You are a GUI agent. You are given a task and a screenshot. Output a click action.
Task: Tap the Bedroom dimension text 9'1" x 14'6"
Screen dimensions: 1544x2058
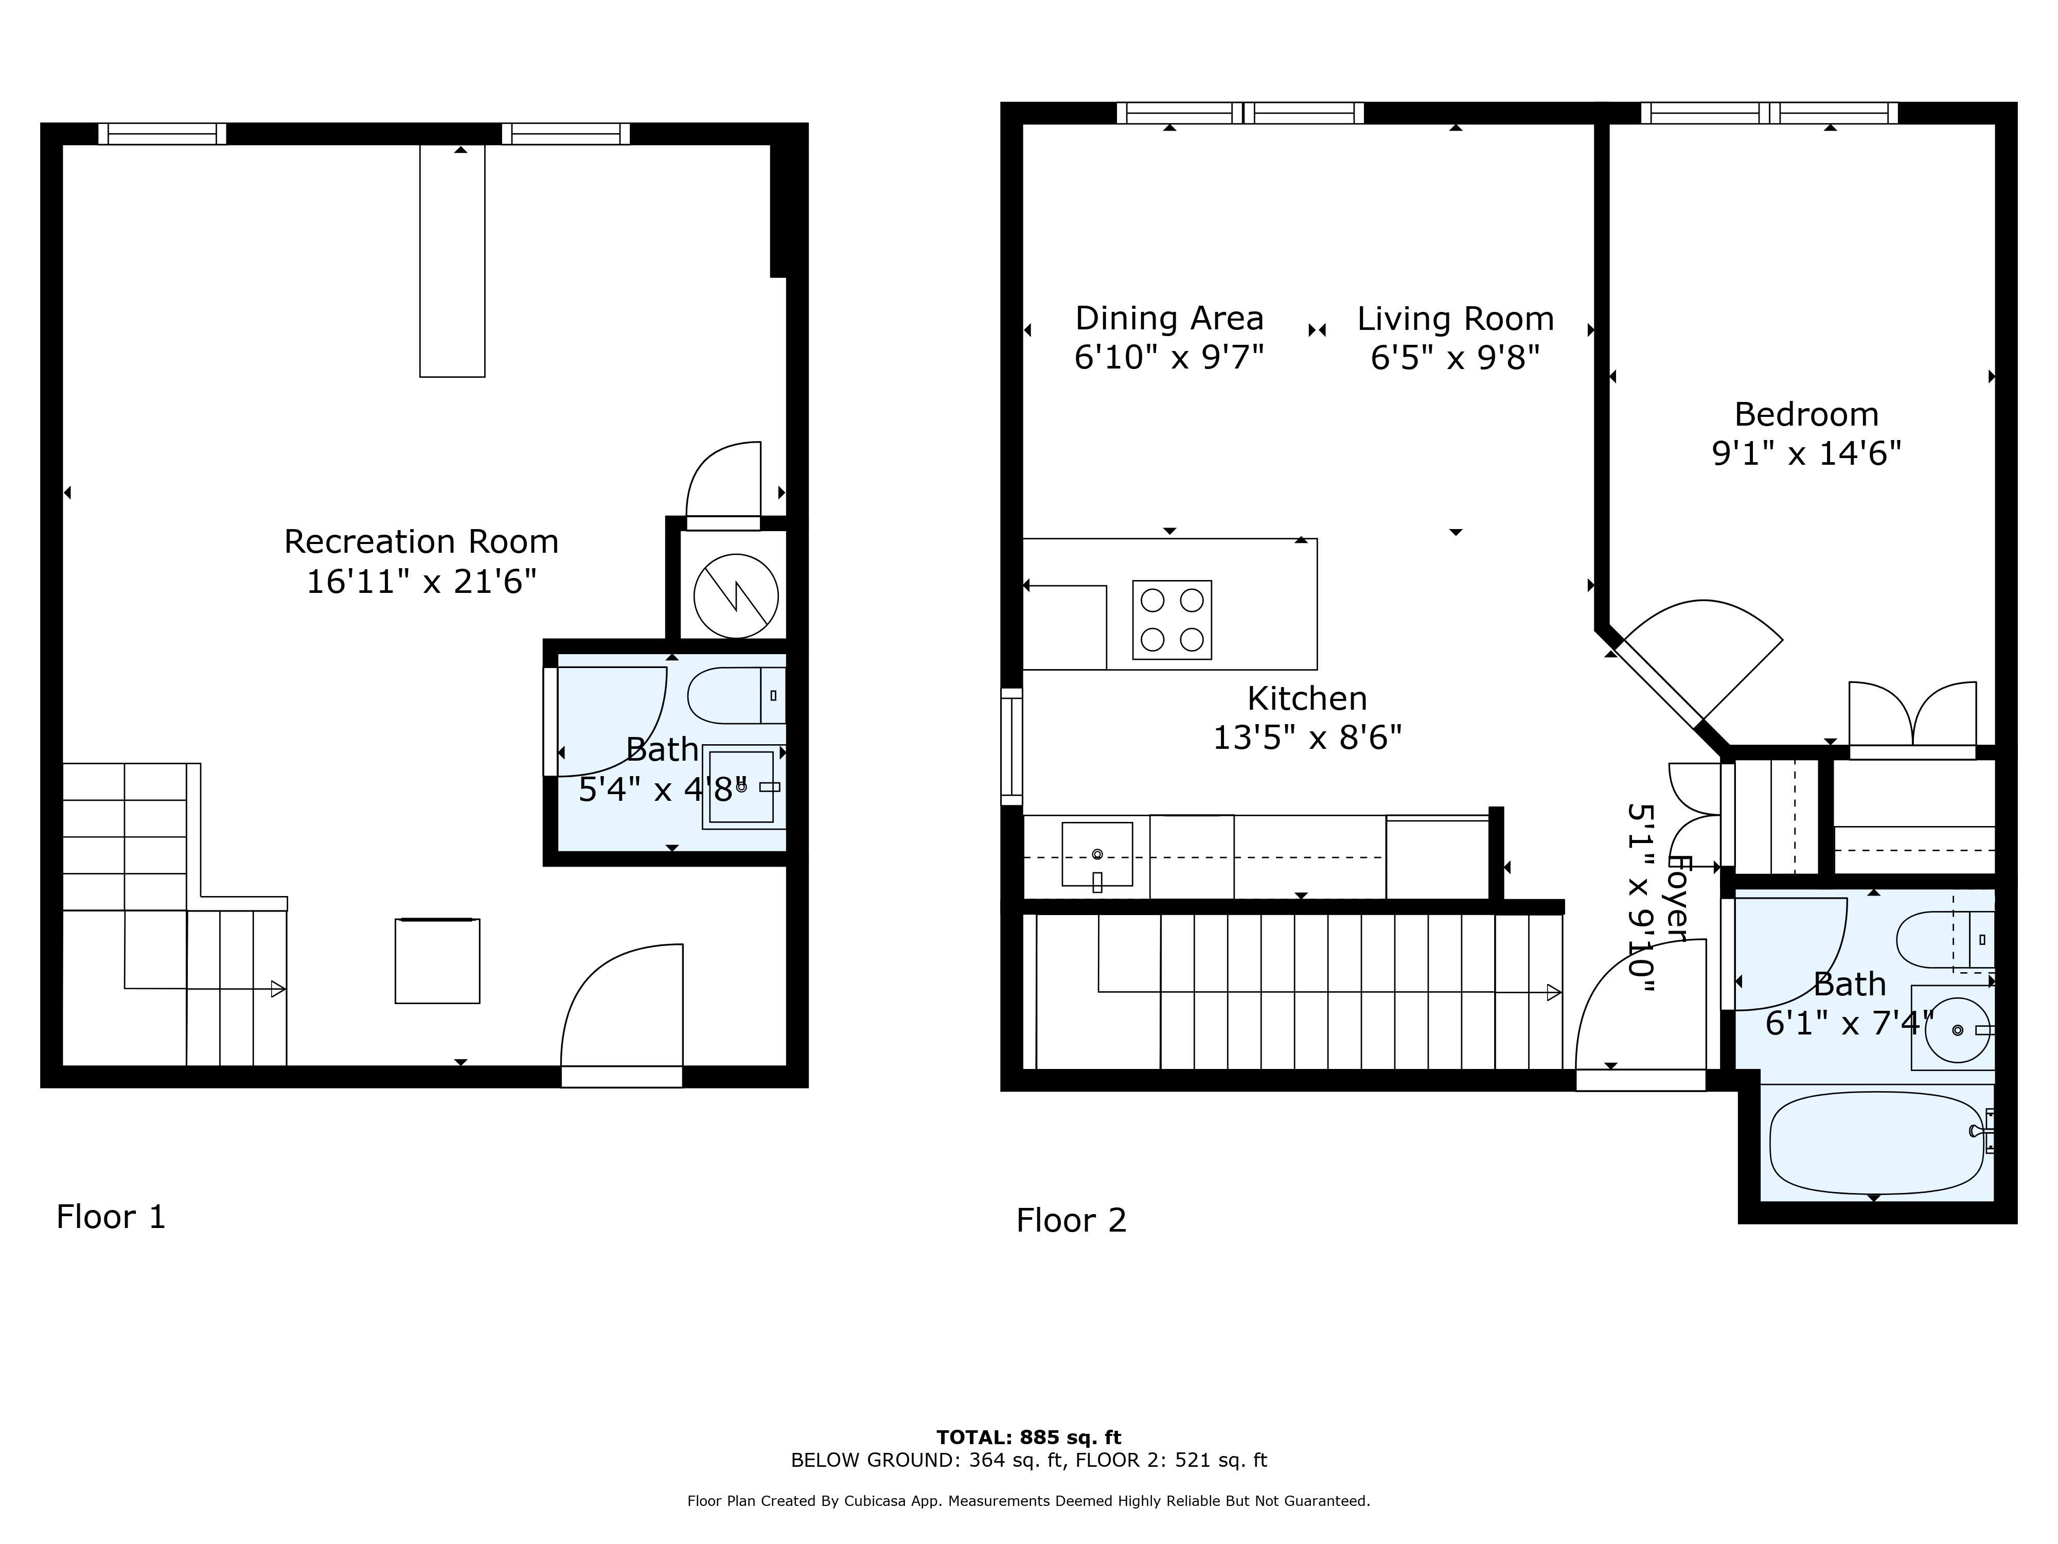click(1806, 454)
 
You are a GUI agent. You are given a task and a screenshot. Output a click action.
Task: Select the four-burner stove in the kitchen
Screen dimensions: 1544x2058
click(1172, 620)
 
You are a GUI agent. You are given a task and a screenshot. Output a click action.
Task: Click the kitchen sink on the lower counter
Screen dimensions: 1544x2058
click(1097, 853)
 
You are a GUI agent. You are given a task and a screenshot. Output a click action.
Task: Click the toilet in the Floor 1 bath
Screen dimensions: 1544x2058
click(735, 695)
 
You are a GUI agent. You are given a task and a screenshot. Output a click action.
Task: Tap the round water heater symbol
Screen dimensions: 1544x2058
click(735, 595)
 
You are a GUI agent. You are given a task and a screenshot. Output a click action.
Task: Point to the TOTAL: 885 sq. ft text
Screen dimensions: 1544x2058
click(1028, 1437)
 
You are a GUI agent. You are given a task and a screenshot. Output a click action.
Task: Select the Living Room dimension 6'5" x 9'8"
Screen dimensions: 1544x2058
click(1455, 357)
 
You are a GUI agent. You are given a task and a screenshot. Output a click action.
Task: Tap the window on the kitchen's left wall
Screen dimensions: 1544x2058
click(1012, 746)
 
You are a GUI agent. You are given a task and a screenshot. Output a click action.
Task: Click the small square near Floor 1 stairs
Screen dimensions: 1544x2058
click(437, 961)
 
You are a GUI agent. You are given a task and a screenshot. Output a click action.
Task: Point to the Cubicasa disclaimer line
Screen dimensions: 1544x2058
click(1028, 1500)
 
